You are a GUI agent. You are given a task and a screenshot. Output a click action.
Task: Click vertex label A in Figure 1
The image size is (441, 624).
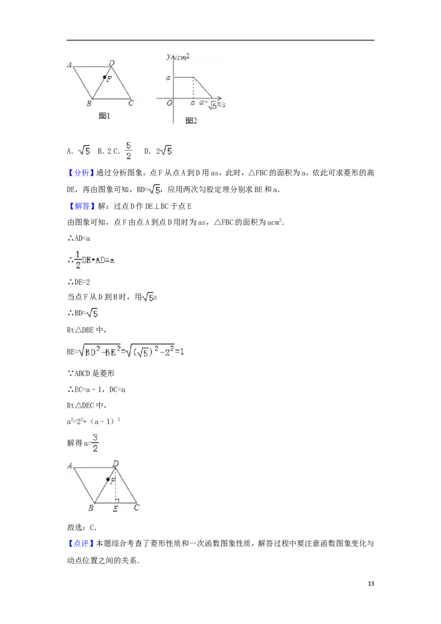pyautogui.click(x=71, y=65)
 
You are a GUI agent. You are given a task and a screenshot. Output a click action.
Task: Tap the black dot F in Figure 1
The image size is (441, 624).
pyautogui.click(x=104, y=77)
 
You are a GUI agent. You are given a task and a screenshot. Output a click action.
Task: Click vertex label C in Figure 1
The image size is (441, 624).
pyautogui.click(x=131, y=103)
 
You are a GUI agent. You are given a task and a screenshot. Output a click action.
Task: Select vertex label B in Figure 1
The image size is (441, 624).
pyautogui.click(x=88, y=103)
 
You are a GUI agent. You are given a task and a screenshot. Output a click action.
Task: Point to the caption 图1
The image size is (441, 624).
pyautogui.click(x=105, y=116)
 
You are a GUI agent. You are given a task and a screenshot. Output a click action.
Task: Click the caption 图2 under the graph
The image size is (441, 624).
pyautogui.click(x=191, y=120)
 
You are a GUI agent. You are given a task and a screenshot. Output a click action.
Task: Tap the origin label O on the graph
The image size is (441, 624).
pyautogui.click(x=169, y=103)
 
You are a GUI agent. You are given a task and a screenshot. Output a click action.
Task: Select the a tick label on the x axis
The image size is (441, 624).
pyautogui.click(x=192, y=103)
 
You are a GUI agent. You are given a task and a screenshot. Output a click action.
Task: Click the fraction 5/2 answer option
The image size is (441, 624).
pyautogui.click(x=128, y=150)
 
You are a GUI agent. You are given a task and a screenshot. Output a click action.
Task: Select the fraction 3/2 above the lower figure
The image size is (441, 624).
pyautogui.click(x=95, y=443)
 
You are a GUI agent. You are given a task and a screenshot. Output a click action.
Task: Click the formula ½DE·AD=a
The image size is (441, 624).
pyautogui.click(x=94, y=260)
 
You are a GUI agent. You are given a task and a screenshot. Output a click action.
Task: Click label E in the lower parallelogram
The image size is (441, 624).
pyautogui.click(x=115, y=509)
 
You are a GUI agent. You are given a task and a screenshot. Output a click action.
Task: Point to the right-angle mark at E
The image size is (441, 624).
pyautogui.click(x=117, y=501)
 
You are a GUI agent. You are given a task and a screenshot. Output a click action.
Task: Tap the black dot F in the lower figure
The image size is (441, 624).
pyautogui.click(x=107, y=479)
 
